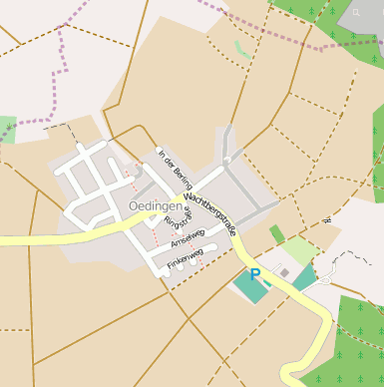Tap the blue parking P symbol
pyautogui.click(x=255, y=275)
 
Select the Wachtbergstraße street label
pyautogui.click(x=211, y=215)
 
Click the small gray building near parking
pyautogui.click(x=284, y=272)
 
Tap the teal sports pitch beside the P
pyautogui.click(x=249, y=287)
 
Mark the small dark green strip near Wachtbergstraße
pyautogui.click(x=276, y=234)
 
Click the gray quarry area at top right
pyautogui.click(x=361, y=18)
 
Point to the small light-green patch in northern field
pyautogui.click(x=241, y=48)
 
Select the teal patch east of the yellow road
pyautogui.click(x=304, y=278)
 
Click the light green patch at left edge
pyautogui.click(x=7, y=129)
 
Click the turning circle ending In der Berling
pyautogui.click(x=227, y=159)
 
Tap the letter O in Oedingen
pyautogui.click(x=135, y=206)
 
